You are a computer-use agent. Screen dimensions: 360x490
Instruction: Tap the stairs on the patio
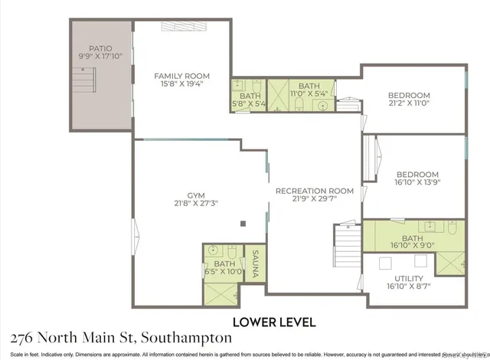83,80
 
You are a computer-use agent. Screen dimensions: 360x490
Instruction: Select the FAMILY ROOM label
181,76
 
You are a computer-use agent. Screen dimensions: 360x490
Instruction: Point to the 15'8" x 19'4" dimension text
181,85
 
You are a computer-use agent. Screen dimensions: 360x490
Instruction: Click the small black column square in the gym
243,223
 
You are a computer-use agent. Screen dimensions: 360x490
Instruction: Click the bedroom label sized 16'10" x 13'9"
417,174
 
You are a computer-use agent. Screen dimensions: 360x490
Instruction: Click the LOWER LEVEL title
274,322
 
